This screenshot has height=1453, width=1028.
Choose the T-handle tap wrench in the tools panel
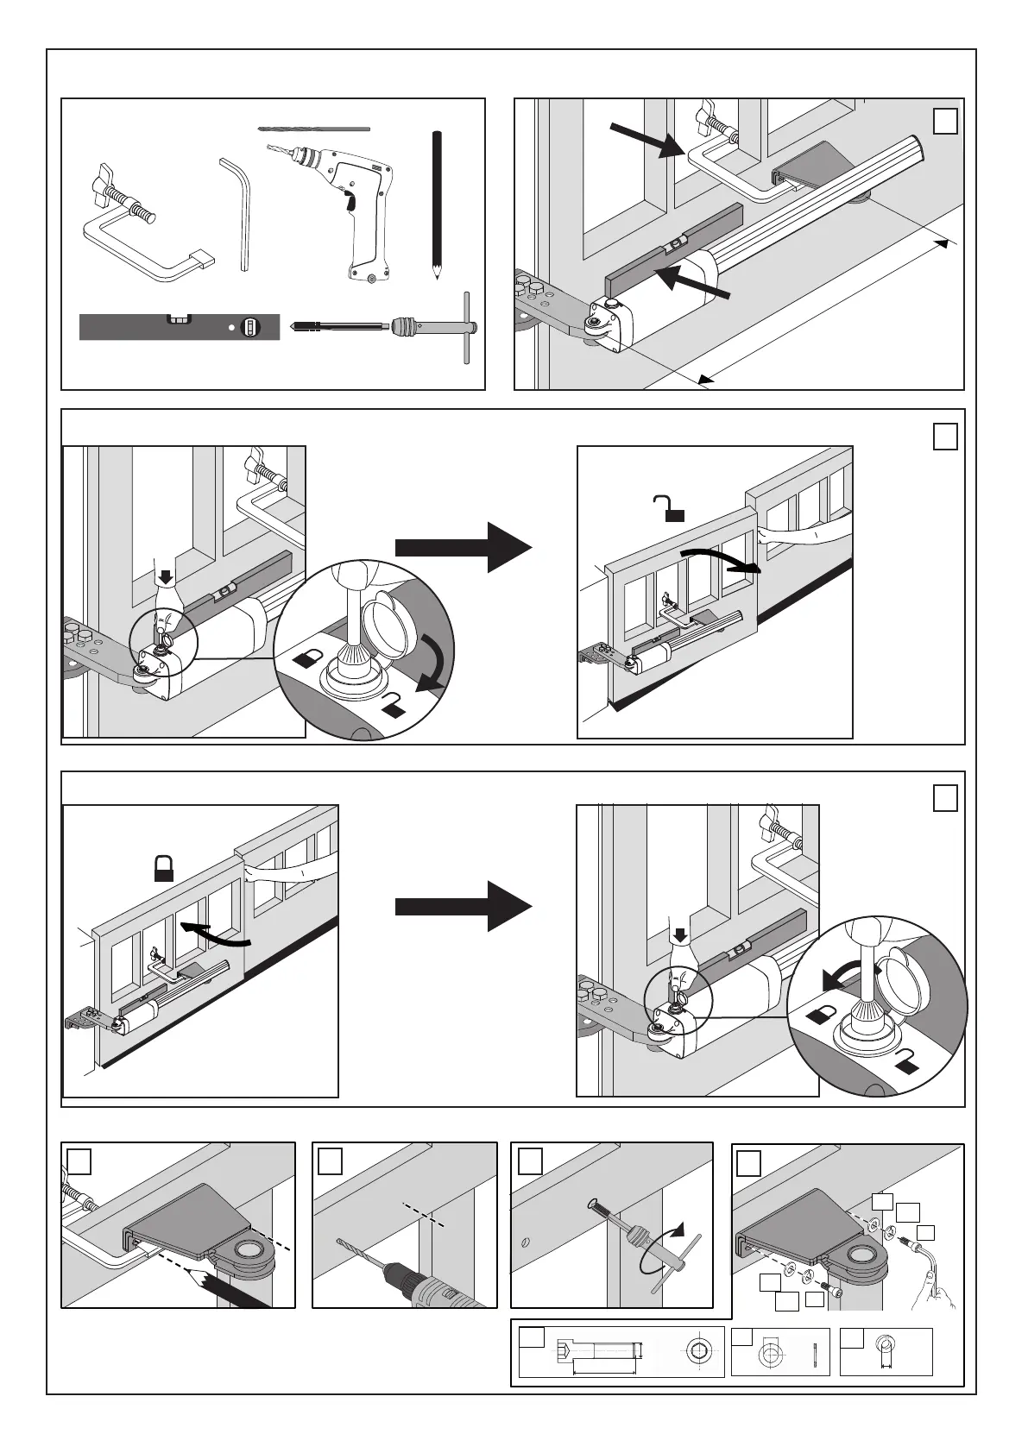pyautogui.click(x=388, y=327)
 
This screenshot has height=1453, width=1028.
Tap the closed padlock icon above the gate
pyautogui.click(x=164, y=867)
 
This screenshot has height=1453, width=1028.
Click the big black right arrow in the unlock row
pyautogui.click(x=463, y=547)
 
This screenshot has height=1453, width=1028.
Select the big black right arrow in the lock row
pyautogui.click(x=463, y=905)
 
